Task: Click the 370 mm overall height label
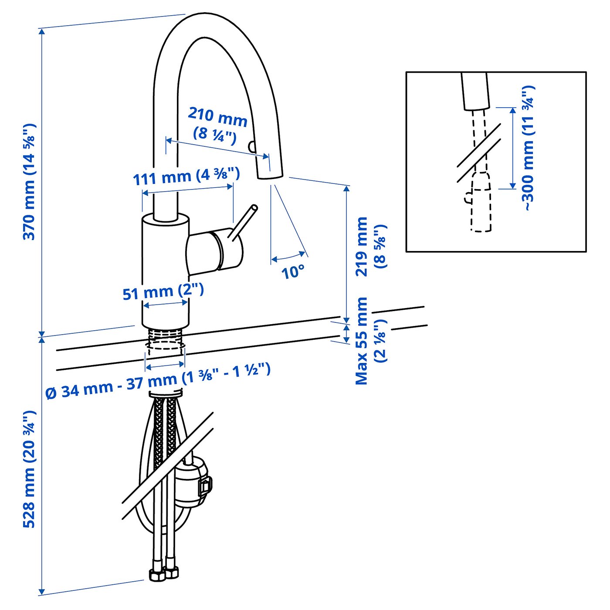[29, 182]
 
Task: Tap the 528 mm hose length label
[29, 469]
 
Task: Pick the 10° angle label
[292, 272]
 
